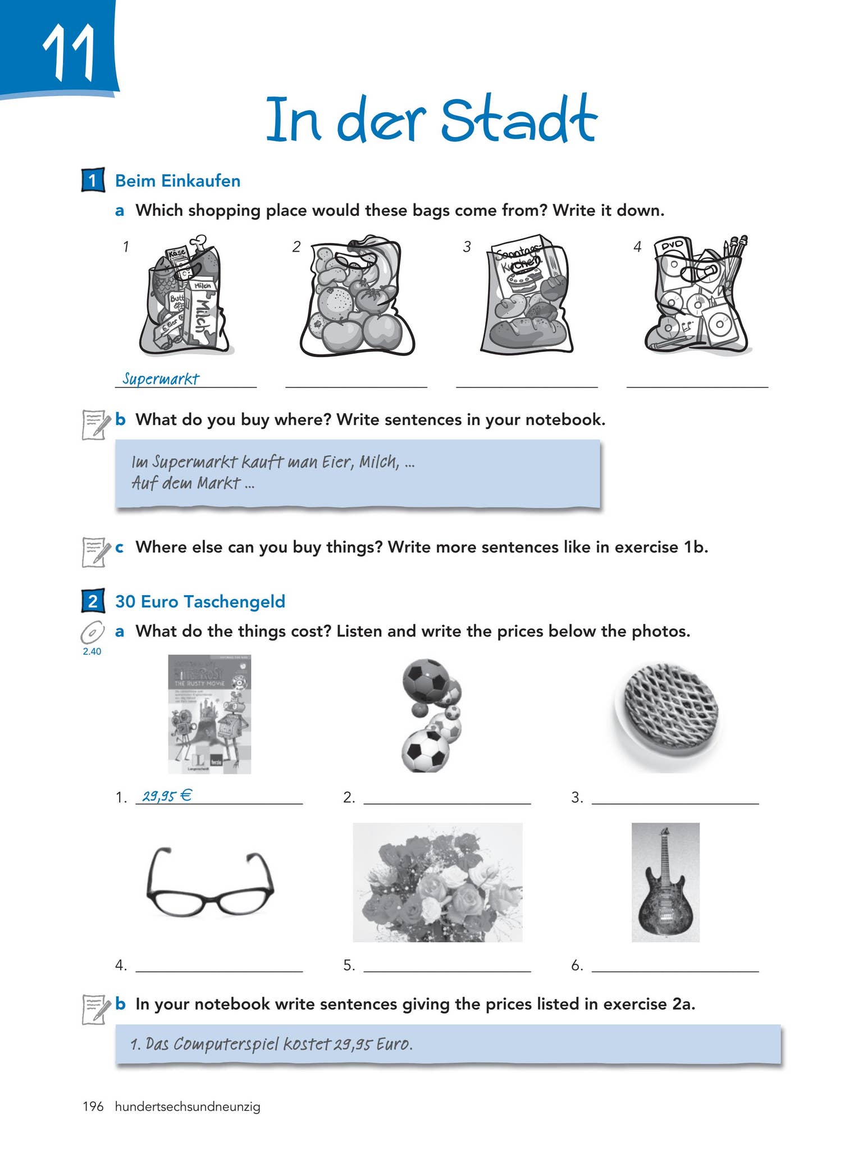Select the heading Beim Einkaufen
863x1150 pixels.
coord(177,181)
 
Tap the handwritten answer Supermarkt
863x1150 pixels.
coord(161,378)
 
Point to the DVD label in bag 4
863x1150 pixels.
coord(672,247)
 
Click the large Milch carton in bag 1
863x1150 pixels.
coord(203,316)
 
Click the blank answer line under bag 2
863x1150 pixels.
coord(356,385)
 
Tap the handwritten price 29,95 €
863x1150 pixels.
coord(167,795)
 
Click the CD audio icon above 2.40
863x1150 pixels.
coord(93,633)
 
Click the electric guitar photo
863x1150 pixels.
coord(665,883)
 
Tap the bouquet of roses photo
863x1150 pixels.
coord(437,883)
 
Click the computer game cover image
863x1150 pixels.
coord(209,714)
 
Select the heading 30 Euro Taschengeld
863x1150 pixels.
coord(200,601)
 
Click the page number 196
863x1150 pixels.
coord(93,1106)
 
